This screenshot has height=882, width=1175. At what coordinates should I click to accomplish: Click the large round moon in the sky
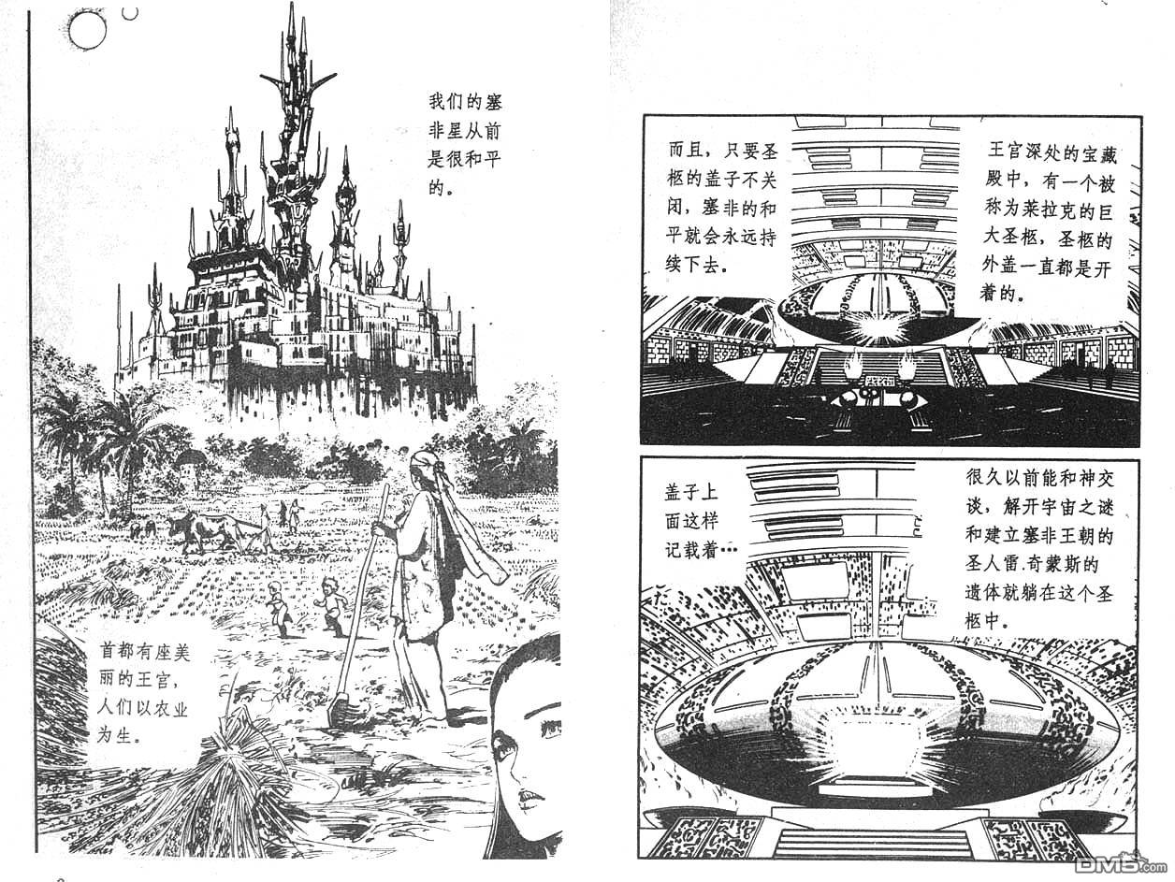click(86, 32)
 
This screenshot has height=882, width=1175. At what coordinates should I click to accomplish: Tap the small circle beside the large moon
click(130, 12)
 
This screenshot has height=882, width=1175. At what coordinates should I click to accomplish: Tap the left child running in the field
click(278, 605)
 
